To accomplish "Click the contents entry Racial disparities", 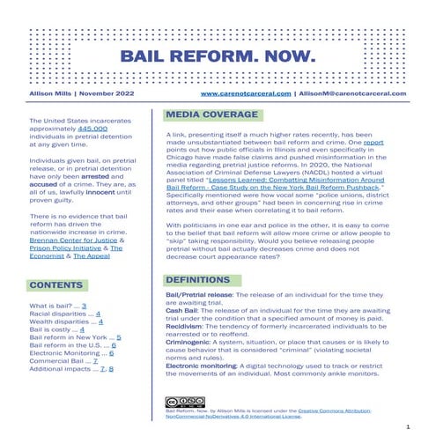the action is (60, 312).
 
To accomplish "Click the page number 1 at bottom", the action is (409, 425).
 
